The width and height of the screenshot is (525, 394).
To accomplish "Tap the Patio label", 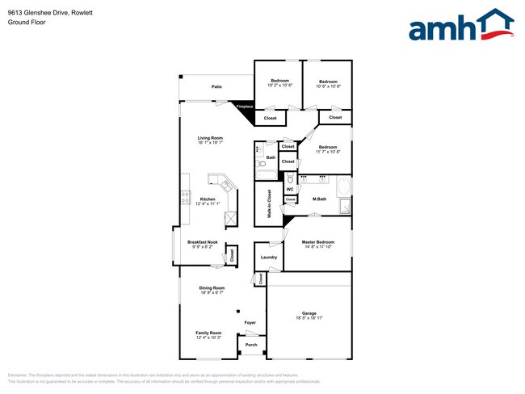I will click(x=216, y=86).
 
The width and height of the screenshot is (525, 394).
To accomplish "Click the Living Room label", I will click(x=210, y=138).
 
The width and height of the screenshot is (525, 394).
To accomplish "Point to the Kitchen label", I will click(x=208, y=199).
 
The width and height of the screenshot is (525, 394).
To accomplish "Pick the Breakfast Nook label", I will click(x=202, y=242).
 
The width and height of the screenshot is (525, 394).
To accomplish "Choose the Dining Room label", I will click(x=212, y=287).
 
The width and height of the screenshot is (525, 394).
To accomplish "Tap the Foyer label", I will click(x=250, y=323).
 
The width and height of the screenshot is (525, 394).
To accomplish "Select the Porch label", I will click(x=251, y=345).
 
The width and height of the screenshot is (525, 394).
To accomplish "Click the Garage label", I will click(x=309, y=313).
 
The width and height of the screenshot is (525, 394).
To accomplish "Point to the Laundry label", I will click(x=269, y=258).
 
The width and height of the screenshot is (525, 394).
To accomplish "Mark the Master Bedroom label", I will click(x=319, y=241).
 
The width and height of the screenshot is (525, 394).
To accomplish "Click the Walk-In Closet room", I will click(x=268, y=204).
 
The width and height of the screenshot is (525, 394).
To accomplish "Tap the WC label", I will click(x=289, y=189).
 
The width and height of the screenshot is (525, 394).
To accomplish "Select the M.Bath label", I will click(x=319, y=199).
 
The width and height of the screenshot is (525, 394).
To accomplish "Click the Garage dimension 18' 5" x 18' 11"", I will click(x=309, y=318).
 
